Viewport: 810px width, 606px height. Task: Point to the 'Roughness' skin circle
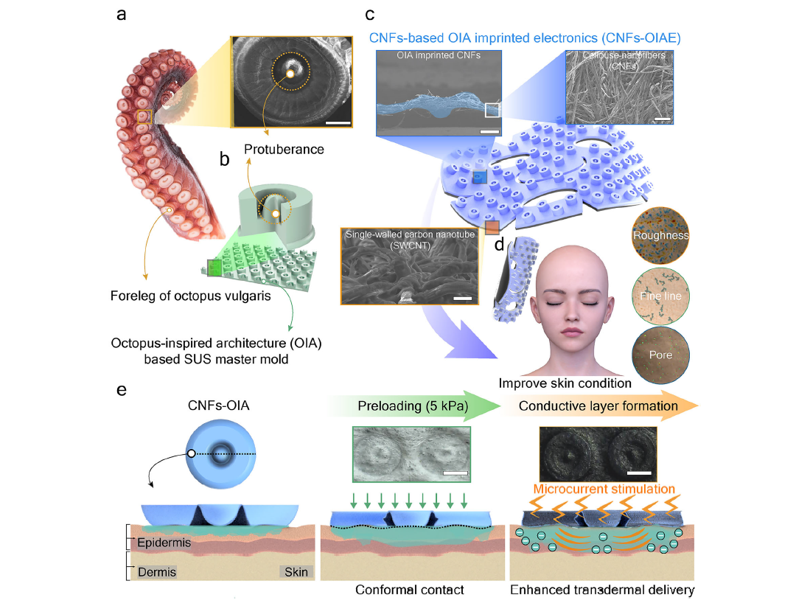click(660, 235)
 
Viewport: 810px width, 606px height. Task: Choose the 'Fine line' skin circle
click(660, 296)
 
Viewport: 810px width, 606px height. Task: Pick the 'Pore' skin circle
click(660, 355)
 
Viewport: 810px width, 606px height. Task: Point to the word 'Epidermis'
click(164, 543)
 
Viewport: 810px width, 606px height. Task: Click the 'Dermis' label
click(157, 571)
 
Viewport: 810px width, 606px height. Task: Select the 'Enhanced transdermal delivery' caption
click(602, 590)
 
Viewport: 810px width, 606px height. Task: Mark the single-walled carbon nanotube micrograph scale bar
click(462, 299)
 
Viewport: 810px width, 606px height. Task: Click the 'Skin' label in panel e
click(295, 571)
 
